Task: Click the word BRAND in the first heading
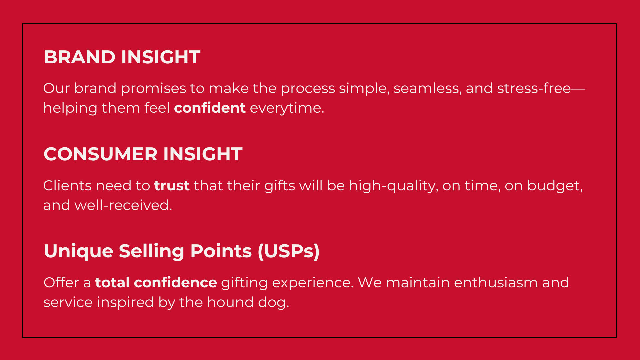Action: pyautogui.click(x=80, y=57)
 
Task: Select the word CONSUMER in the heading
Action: pyautogui.click(x=100, y=154)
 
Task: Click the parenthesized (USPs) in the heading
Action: pyautogui.click(x=289, y=251)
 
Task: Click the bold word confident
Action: pyautogui.click(x=210, y=108)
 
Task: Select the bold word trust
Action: pyautogui.click(x=172, y=186)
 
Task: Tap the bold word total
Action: pyautogui.click(x=112, y=282)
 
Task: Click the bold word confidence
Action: pyautogui.click(x=175, y=282)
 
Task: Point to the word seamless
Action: pyautogui.click(x=428, y=89)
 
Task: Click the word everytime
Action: pyautogui.click(x=287, y=108)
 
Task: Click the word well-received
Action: pyautogui.click(x=123, y=205)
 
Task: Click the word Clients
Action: pyautogui.click(x=67, y=186)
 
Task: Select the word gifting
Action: pyautogui.click(x=244, y=283)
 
